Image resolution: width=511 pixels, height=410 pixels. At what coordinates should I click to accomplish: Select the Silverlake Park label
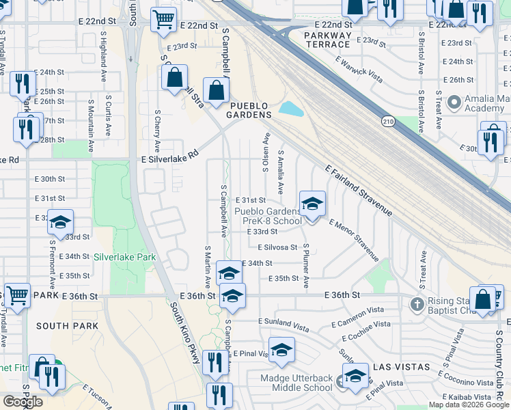point(125,257)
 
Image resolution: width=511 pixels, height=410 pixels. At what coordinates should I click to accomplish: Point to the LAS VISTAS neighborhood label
point(400,367)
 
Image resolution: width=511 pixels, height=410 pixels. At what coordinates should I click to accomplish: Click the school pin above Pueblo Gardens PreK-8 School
point(312,204)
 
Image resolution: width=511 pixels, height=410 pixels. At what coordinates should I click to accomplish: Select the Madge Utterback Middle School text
point(296,383)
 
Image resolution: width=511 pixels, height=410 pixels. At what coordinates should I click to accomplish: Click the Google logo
point(23,401)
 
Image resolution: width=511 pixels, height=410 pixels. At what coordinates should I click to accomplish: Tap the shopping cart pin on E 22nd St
point(163,20)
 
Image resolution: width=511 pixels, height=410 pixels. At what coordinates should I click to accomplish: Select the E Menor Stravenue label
point(353,240)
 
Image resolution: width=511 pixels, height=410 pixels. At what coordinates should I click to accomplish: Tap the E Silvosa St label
point(277,247)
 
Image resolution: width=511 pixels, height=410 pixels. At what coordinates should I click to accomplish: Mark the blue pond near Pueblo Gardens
point(290,109)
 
